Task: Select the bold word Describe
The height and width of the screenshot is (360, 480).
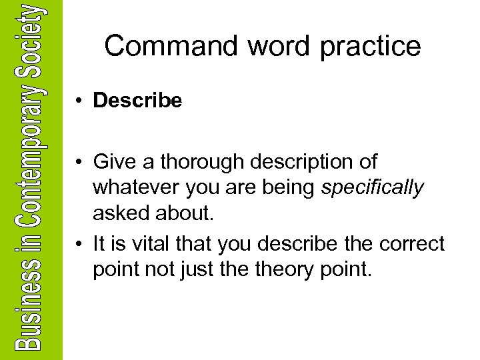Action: tap(137, 101)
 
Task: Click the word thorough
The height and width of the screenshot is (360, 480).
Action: tap(212, 162)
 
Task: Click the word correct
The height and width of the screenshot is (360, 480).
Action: tap(411, 245)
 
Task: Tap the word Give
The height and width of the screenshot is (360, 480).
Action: tap(114, 162)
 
